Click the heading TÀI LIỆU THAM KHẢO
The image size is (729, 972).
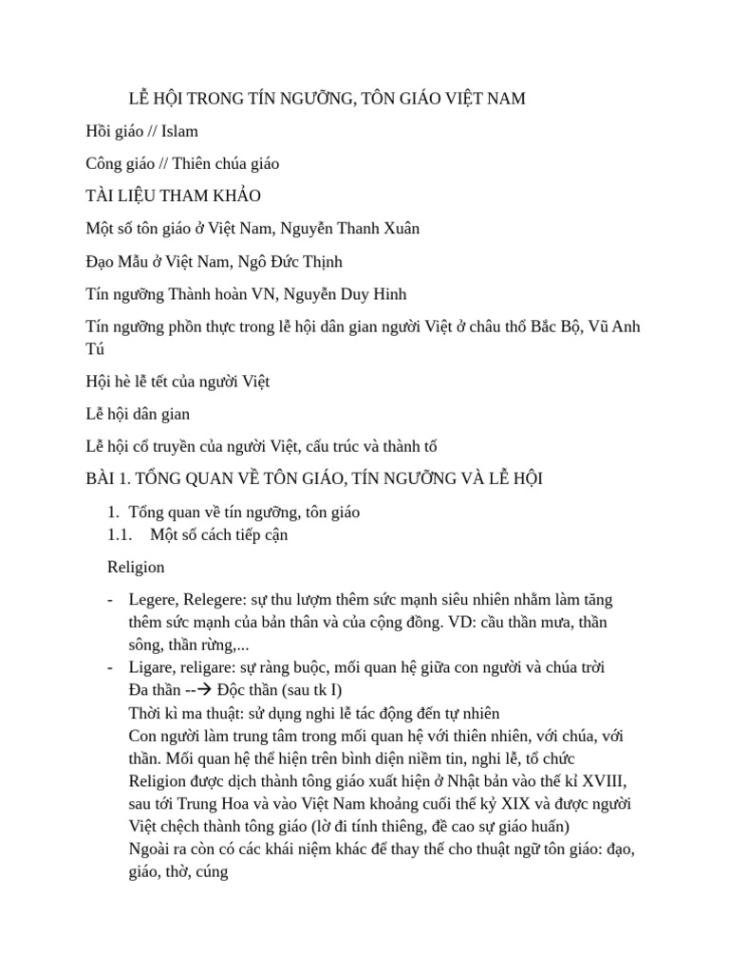173,196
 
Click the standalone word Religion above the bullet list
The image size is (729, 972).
136,567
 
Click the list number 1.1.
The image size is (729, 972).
120,534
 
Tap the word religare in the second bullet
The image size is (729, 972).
213,666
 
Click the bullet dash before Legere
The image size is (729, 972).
112,600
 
